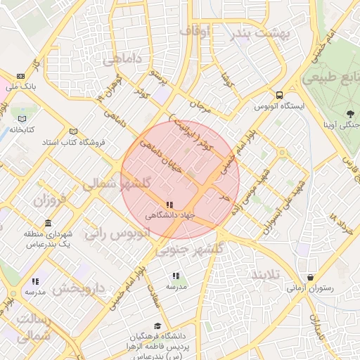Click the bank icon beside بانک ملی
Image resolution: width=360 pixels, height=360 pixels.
pyautogui.click(x=20, y=76)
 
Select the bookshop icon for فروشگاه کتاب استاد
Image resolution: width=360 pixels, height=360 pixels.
pyautogui.click(x=74, y=131)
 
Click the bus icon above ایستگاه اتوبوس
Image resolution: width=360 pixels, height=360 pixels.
pyautogui.click(x=281, y=95)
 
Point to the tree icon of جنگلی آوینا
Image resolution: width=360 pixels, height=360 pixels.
pyautogui.click(x=350, y=114)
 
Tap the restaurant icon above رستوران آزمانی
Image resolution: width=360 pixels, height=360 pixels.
pyautogui.click(x=310, y=277)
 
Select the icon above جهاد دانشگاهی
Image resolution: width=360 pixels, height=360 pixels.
pyautogui.click(x=167, y=204)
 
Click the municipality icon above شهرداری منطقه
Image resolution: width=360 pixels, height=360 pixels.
pyautogui.click(x=47, y=223)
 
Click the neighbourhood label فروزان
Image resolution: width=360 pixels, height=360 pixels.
pyautogui.click(x=49, y=200)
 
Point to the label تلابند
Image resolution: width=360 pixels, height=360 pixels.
pyautogui.click(x=266, y=273)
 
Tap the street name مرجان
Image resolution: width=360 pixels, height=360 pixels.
pyautogui.click(x=201, y=108)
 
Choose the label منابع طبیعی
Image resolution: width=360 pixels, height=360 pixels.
pyautogui.click(x=331, y=77)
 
